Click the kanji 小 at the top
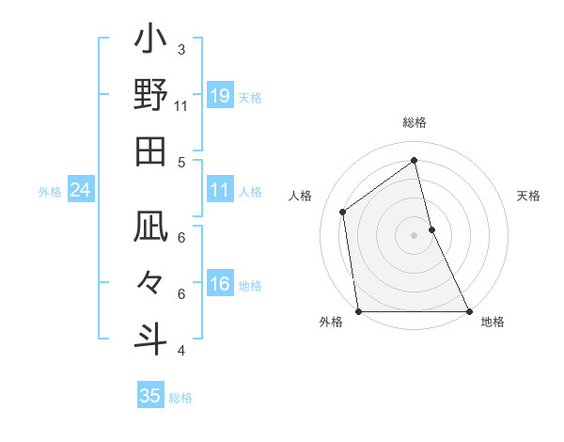tap(150, 43)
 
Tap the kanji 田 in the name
tap(150, 150)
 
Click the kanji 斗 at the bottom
tap(150, 336)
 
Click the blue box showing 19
tap(220, 96)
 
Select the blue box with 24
tap(81, 191)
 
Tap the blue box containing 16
tap(220, 285)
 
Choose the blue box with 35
tap(150, 396)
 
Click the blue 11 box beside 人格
tap(220, 191)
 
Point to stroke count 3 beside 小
tap(181, 49)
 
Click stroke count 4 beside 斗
tap(181, 351)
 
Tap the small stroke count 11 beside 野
tap(181, 105)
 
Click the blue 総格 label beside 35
tap(180, 398)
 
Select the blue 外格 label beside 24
tap(50, 192)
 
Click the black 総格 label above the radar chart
tap(415, 123)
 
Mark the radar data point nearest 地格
tap(468, 310)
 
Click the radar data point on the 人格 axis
tap(343, 212)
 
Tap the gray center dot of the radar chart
tap(414, 234)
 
